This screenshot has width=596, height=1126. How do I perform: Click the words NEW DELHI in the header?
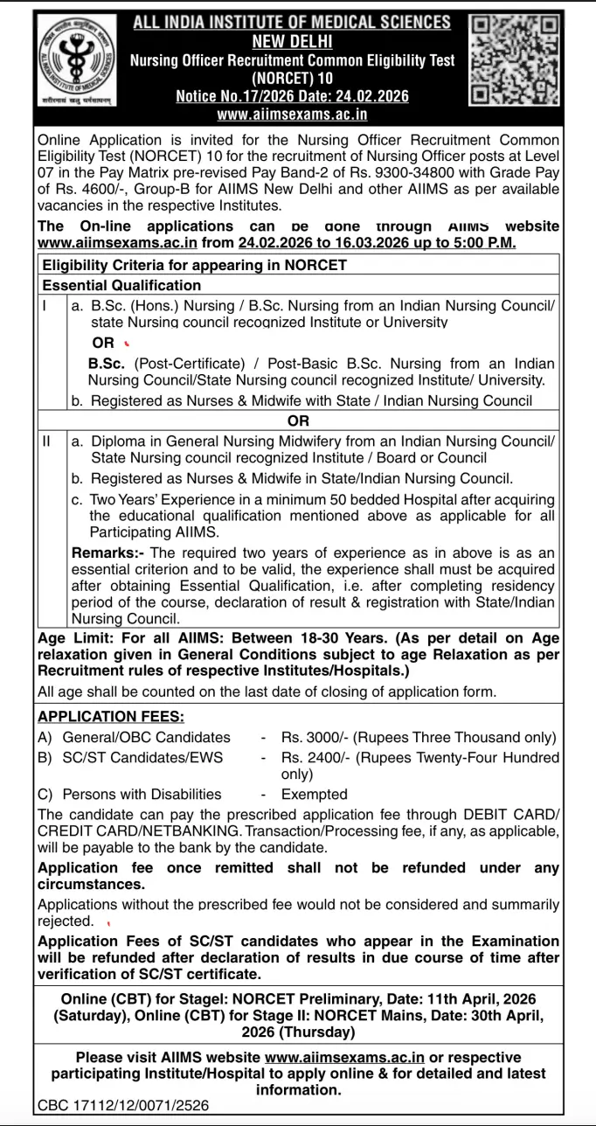(x=292, y=41)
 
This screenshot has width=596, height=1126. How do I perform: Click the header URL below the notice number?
(x=292, y=115)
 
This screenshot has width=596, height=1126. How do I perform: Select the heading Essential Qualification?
(x=121, y=285)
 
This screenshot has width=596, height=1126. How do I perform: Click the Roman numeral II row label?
(x=47, y=441)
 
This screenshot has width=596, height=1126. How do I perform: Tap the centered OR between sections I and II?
(x=298, y=421)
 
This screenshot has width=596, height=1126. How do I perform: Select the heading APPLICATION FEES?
(x=111, y=716)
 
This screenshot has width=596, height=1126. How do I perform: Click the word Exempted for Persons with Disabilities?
(x=314, y=794)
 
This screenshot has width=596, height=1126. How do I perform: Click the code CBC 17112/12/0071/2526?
(x=123, y=1105)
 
